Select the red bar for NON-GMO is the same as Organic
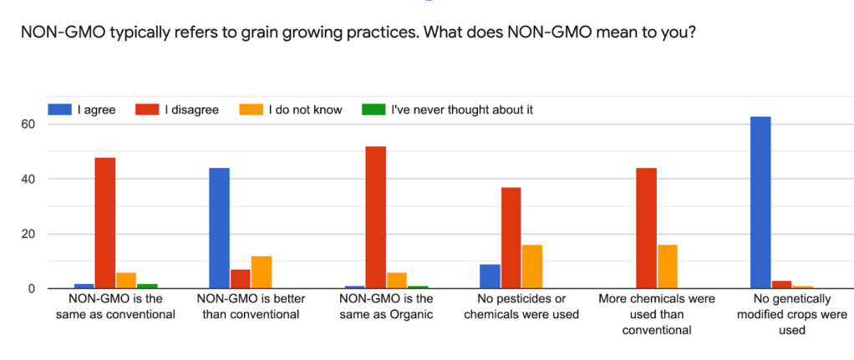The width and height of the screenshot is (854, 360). pos(376,217)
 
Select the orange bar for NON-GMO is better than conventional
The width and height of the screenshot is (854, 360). pos(262,272)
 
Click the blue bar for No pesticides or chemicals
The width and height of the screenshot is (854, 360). pos(491,276)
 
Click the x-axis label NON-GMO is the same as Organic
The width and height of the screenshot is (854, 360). pos(386,307)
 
